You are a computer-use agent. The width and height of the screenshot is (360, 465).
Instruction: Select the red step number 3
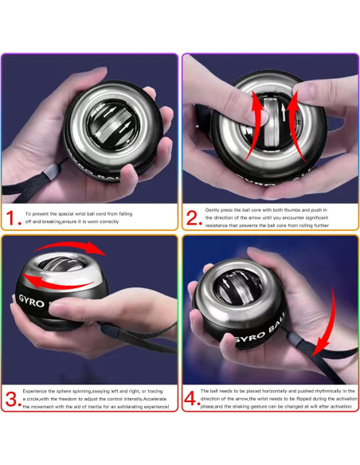click(10, 399)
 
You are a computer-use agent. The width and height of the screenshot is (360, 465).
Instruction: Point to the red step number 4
click(191, 399)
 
